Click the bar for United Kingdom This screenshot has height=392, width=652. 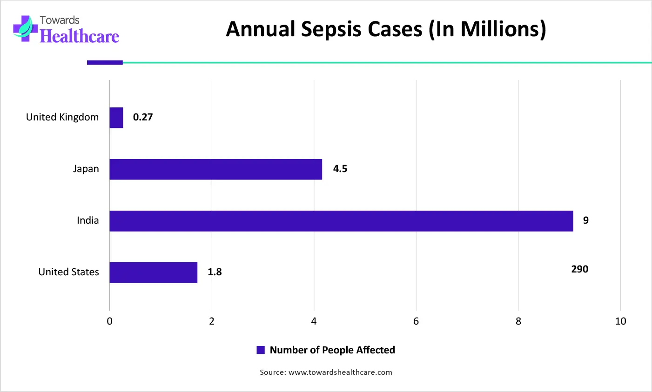(x=116, y=118)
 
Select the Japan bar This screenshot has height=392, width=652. (x=215, y=169)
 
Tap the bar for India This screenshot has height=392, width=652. (x=341, y=221)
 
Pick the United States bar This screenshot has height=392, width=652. (x=153, y=272)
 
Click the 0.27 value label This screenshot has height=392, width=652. (x=143, y=117)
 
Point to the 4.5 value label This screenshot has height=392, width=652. (x=340, y=169)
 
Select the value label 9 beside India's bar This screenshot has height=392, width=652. (x=586, y=220)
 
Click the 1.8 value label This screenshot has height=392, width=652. (x=215, y=272)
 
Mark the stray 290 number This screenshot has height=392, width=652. (x=580, y=269)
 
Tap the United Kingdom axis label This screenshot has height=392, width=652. (x=62, y=117)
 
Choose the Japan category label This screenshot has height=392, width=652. (x=86, y=169)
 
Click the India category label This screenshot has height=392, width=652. (x=88, y=220)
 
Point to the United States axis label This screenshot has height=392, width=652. (x=68, y=272)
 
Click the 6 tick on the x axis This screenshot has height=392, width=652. (x=416, y=321)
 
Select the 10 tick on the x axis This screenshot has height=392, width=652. (x=620, y=321)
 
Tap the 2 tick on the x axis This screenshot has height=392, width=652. (x=212, y=321)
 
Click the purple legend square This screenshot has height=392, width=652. (x=261, y=350)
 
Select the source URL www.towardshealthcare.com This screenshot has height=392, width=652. (x=340, y=372)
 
